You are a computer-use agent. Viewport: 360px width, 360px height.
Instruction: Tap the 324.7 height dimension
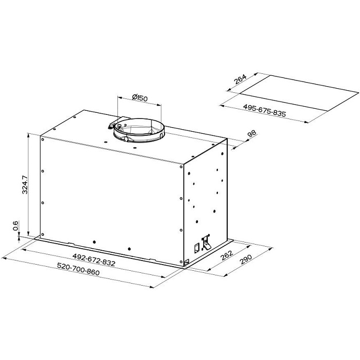[25, 185]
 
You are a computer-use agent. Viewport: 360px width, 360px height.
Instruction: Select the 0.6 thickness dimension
[15, 226]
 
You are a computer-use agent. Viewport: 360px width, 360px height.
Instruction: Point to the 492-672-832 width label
[94, 259]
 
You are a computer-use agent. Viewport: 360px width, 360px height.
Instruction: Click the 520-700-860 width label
[78, 269]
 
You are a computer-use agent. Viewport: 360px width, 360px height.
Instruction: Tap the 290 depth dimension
[246, 259]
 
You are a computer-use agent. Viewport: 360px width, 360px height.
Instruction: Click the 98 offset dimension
[252, 134]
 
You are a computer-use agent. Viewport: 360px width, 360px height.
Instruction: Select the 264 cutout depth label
[240, 79]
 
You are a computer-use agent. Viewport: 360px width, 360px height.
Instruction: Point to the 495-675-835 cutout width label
[265, 110]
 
